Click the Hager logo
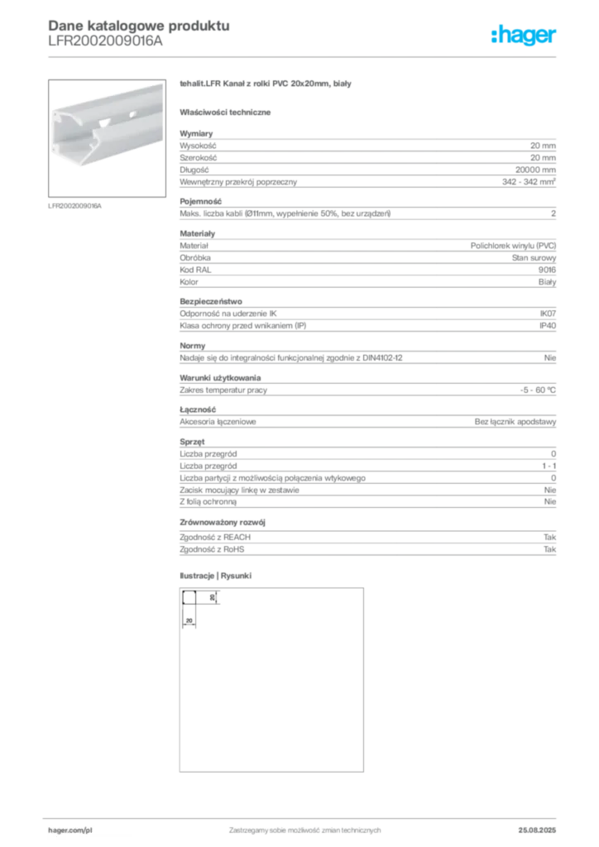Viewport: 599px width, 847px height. coord(523,35)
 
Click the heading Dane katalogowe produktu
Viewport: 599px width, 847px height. coord(139,26)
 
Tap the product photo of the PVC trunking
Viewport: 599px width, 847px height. coord(107,138)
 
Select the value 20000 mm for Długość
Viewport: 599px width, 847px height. coord(535,170)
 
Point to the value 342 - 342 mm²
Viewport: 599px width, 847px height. coord(529,181)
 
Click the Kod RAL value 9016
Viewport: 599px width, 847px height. coord(547,270)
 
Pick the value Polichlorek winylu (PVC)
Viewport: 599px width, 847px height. coord(513,246)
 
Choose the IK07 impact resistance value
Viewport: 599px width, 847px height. coord(548,313)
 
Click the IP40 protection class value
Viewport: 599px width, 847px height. coord(548,326)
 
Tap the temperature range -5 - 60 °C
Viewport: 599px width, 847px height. coord(538,390)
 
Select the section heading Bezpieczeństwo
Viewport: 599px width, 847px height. coord(211,301)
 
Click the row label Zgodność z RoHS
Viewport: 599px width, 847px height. coord(212,549)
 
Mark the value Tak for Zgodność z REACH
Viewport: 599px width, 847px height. coord(550,537)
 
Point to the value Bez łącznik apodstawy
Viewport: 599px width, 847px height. coord(515,421)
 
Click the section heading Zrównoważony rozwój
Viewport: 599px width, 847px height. coord(223,523)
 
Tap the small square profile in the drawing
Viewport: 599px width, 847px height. coord(189,597)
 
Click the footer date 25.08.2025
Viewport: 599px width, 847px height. coord(537,830)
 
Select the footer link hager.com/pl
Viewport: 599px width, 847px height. coord(70,830)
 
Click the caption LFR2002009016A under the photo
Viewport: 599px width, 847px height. coord(74,206)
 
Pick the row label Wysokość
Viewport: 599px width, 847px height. coord(198,146)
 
